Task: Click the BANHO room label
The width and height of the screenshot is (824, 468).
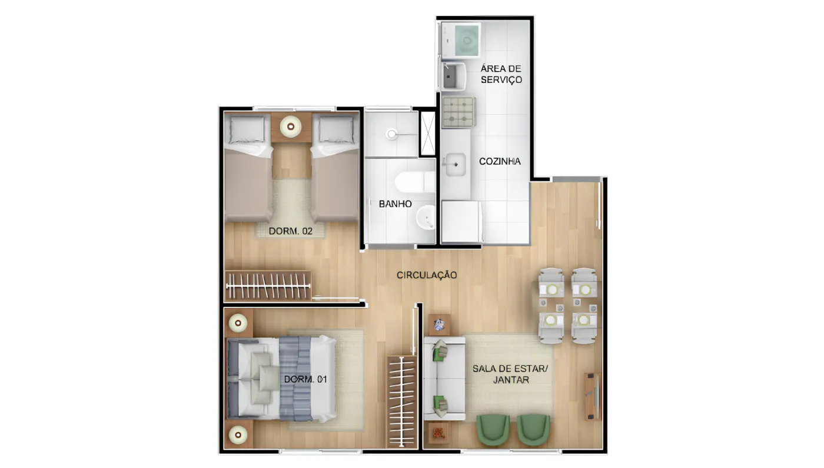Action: click(x=395, y=204)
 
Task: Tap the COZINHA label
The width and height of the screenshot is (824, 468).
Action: click(x=500, y=161)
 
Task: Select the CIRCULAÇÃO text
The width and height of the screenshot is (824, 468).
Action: click(x=427, y=275)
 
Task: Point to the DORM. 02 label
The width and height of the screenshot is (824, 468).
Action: click(x=290, y=231)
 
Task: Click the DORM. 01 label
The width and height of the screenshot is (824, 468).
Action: click(x=305, y=379)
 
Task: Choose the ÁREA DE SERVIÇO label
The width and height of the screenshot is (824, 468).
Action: click(x=501, y=74)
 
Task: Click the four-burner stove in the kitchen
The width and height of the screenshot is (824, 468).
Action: click(x=458, y=112)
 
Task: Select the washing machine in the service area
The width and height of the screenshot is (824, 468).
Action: click(x=460, y=40)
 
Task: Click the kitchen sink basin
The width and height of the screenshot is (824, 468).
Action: click(x=456, y=165)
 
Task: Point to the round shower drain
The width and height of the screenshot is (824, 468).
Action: click(x=391, y=134)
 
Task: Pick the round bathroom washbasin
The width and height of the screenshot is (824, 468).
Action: click(x=426, y=217)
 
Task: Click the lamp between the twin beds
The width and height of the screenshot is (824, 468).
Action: click(x=291, y=127)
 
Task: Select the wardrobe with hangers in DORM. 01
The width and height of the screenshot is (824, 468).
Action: click(x=401, y=402)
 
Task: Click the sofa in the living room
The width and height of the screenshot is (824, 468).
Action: click(x=444, y=379)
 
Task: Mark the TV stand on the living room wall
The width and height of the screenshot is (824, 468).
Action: click(x=593, y=396)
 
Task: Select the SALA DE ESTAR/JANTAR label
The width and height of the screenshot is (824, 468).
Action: click(x=510, y=375)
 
